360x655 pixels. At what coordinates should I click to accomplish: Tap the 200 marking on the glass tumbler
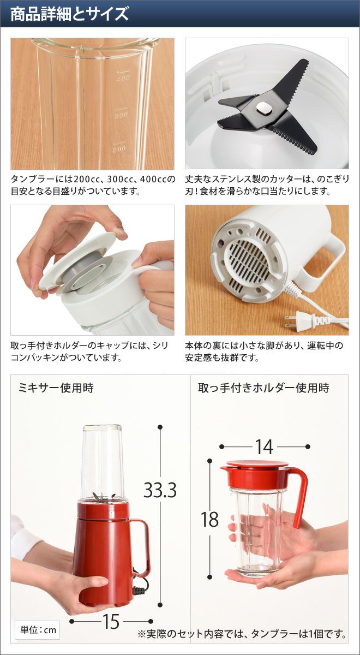[119, 149]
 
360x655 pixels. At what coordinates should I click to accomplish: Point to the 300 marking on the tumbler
[121, 115]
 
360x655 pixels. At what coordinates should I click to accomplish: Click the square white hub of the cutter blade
[264, 109]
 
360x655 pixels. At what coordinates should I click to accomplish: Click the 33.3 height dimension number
[160, 490]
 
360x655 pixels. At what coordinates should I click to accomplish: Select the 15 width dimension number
[111, 621]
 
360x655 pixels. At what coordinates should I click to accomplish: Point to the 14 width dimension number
[265, 447]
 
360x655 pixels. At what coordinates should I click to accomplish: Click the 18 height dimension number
[209, 519]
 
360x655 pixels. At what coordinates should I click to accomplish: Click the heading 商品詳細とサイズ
[69, 14]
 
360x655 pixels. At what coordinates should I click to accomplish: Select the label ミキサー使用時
[56, 388]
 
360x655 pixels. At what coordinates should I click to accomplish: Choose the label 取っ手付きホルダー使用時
[263, 388]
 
